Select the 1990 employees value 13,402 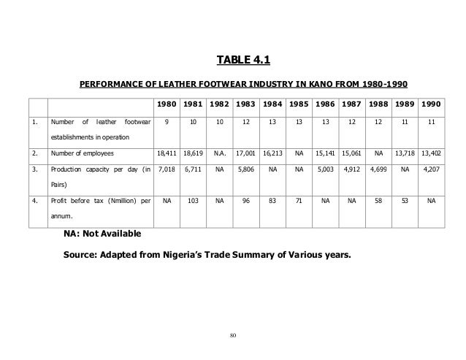click(430, 153)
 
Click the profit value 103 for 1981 click(193, 200)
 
